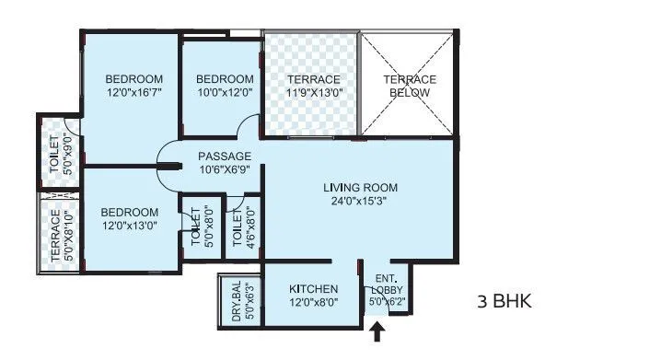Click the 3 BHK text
[x=504, y=301]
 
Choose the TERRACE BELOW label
[x=410, y=86]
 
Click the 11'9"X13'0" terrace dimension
[x=314, y=94]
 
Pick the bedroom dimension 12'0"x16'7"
[x=133, y=93]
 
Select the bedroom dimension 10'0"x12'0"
[x=225, y=93]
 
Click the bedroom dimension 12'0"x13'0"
[x=130, y=226]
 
